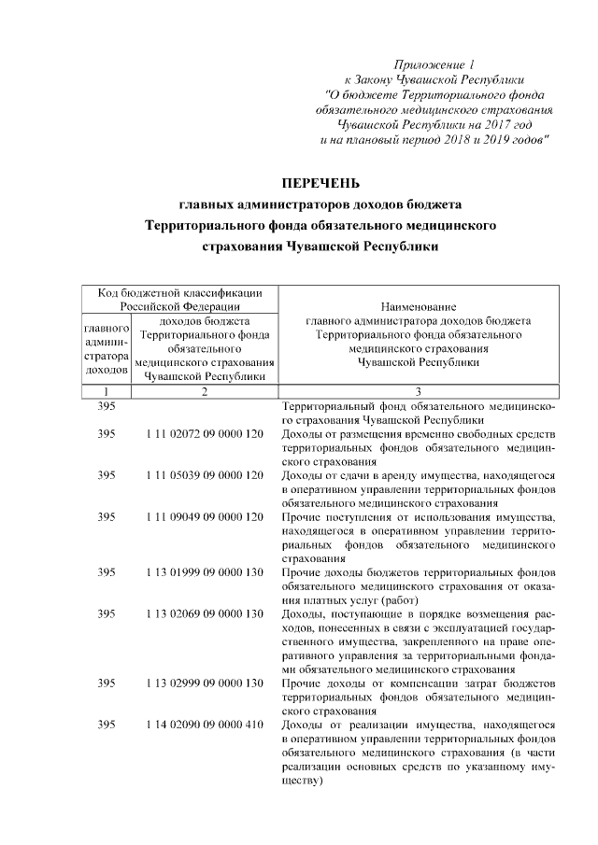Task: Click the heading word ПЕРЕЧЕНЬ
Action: (320, 181)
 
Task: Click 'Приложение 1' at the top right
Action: (434, 64)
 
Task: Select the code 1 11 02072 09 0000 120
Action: (205, 434)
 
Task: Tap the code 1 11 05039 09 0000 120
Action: (205, 475)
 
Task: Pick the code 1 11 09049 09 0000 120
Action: (205, 516)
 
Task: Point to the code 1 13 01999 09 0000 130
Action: (205, 571)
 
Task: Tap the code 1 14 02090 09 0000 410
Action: (205, 725)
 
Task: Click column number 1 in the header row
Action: (107, 390)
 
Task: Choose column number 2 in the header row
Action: (204, 390)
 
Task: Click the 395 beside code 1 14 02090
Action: (107, 725)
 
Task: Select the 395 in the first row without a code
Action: (107, 407)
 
